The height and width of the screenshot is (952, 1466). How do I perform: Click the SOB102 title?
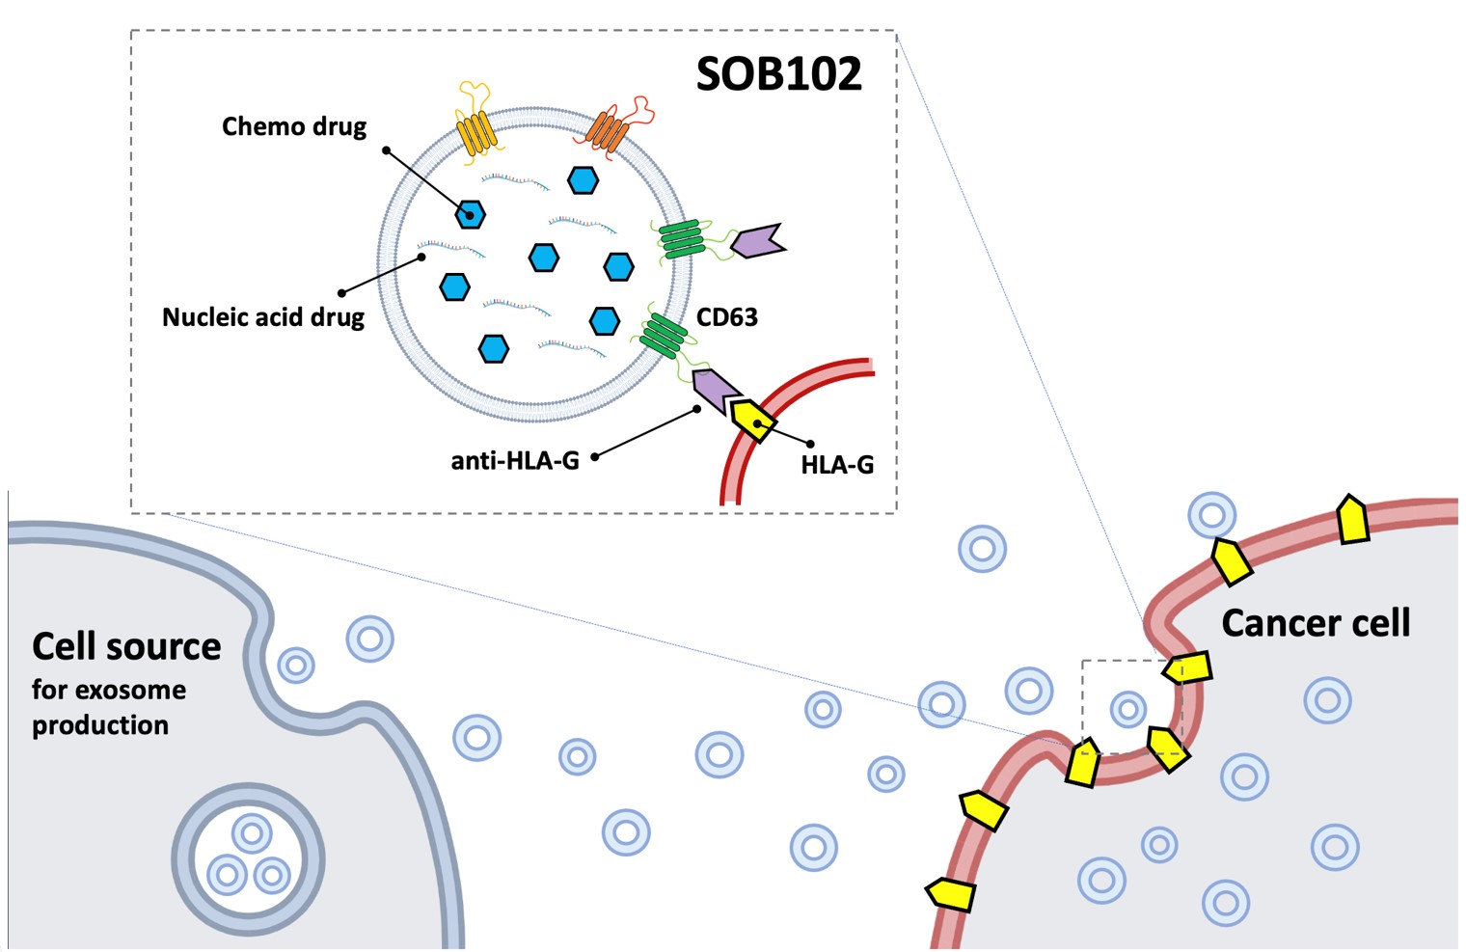778,74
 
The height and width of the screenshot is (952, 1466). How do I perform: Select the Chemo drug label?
294,126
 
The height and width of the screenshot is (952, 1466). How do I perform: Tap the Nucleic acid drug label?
263,317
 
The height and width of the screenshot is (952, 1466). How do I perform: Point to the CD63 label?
727,317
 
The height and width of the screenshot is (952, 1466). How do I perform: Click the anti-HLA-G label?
515,461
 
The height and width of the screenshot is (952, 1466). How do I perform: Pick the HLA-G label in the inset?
837,465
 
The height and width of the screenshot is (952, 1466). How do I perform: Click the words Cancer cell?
1316,623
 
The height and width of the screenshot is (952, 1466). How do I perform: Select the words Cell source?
126,646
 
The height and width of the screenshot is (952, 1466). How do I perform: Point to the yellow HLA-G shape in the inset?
751,419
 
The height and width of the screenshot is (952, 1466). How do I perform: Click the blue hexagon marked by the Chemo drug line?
471,214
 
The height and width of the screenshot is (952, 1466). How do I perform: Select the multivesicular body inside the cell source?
249,858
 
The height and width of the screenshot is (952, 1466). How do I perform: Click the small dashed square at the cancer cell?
1130,707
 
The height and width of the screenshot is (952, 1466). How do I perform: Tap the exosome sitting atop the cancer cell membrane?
1212,514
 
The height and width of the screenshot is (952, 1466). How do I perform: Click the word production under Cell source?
100,725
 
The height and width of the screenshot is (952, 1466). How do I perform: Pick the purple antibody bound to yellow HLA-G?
714,390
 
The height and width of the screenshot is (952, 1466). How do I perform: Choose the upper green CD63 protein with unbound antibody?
681,238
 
